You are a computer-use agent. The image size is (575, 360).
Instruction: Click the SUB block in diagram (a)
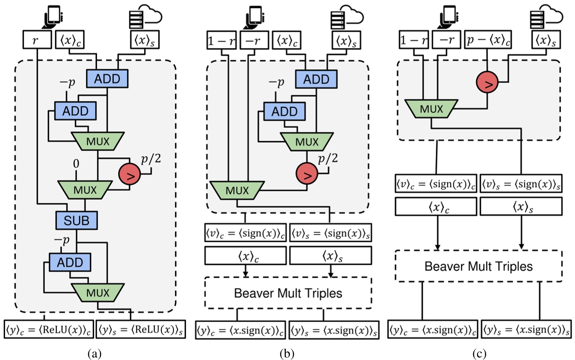point(76,218)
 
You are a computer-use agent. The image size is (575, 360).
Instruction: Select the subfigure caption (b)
point(287,353)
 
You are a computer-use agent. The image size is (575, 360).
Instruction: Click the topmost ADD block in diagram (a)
point(107,78)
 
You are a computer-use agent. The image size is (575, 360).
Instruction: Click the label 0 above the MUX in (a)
point(76,166)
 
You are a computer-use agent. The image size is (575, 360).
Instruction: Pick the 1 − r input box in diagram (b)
point(221,41)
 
